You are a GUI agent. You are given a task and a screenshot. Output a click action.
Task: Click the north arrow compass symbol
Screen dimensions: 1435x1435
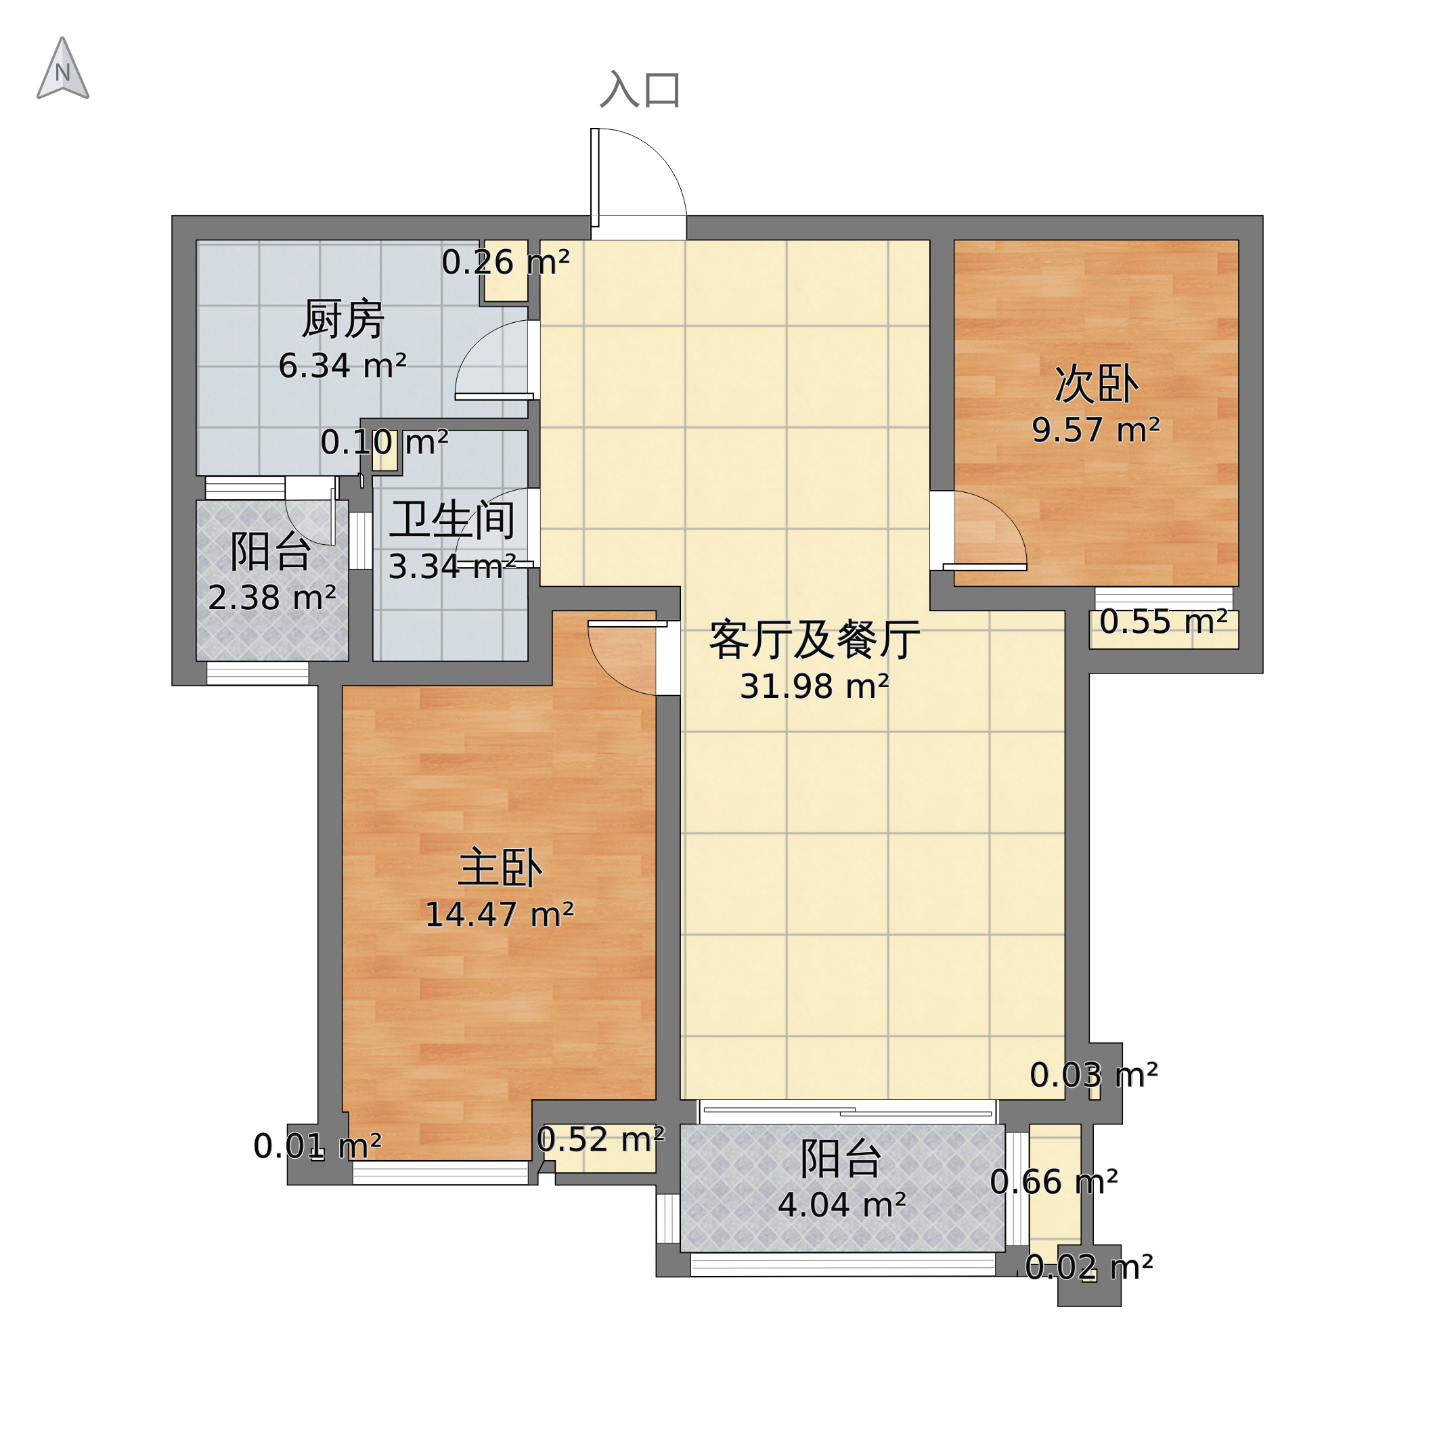point(63,68)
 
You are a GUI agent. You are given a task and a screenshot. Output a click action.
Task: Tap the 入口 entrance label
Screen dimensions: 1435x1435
point(640,91)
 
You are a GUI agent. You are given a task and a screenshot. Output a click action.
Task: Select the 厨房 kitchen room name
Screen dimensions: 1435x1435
point(343,319)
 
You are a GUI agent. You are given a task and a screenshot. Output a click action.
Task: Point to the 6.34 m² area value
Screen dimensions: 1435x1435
point(343,366)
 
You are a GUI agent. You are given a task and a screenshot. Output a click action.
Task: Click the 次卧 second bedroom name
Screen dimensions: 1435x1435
point(1097,384)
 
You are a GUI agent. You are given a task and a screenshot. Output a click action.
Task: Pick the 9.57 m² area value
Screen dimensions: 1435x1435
point(1097,430)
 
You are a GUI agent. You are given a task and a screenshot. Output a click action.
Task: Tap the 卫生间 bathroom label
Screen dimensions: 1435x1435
point(452,520)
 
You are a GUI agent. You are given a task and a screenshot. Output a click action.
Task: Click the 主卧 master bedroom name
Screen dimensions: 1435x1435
point(500,868)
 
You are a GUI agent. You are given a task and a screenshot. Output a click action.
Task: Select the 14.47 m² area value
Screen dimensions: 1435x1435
point(500,914)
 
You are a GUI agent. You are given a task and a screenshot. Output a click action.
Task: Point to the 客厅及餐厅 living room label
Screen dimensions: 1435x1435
point(815,640)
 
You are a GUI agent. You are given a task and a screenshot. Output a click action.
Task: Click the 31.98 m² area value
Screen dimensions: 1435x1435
point(815,686)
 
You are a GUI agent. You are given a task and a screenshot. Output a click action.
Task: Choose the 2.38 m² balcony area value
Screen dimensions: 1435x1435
point(272,598)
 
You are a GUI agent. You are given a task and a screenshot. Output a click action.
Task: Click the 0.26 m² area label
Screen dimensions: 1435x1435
point(506,262)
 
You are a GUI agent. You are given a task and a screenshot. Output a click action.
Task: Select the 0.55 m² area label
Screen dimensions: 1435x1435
point(1163,621)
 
